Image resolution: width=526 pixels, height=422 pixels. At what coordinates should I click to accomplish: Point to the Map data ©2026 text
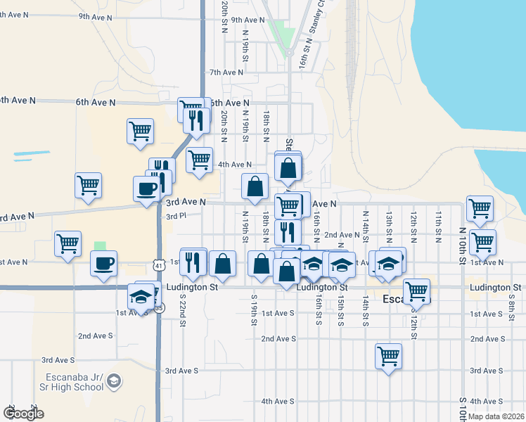pyautogui.click(x=495, y=416)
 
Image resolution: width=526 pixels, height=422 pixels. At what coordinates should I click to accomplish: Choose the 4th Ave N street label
pyautogui.click(x=235, y=165)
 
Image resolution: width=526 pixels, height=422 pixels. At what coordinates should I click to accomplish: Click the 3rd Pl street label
pyautogui.click(x=175, y=217)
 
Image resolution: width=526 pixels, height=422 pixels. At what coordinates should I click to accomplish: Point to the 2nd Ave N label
pyautogui.click(x=342, y=235)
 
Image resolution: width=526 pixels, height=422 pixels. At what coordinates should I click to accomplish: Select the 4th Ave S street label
pyautogui.click(x=277, y=402)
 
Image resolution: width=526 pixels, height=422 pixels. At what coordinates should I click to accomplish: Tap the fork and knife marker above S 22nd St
pyautogui.click(x=193, y=261)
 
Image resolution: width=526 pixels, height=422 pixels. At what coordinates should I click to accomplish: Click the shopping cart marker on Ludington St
pyautogui.click(x=416, y=290)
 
